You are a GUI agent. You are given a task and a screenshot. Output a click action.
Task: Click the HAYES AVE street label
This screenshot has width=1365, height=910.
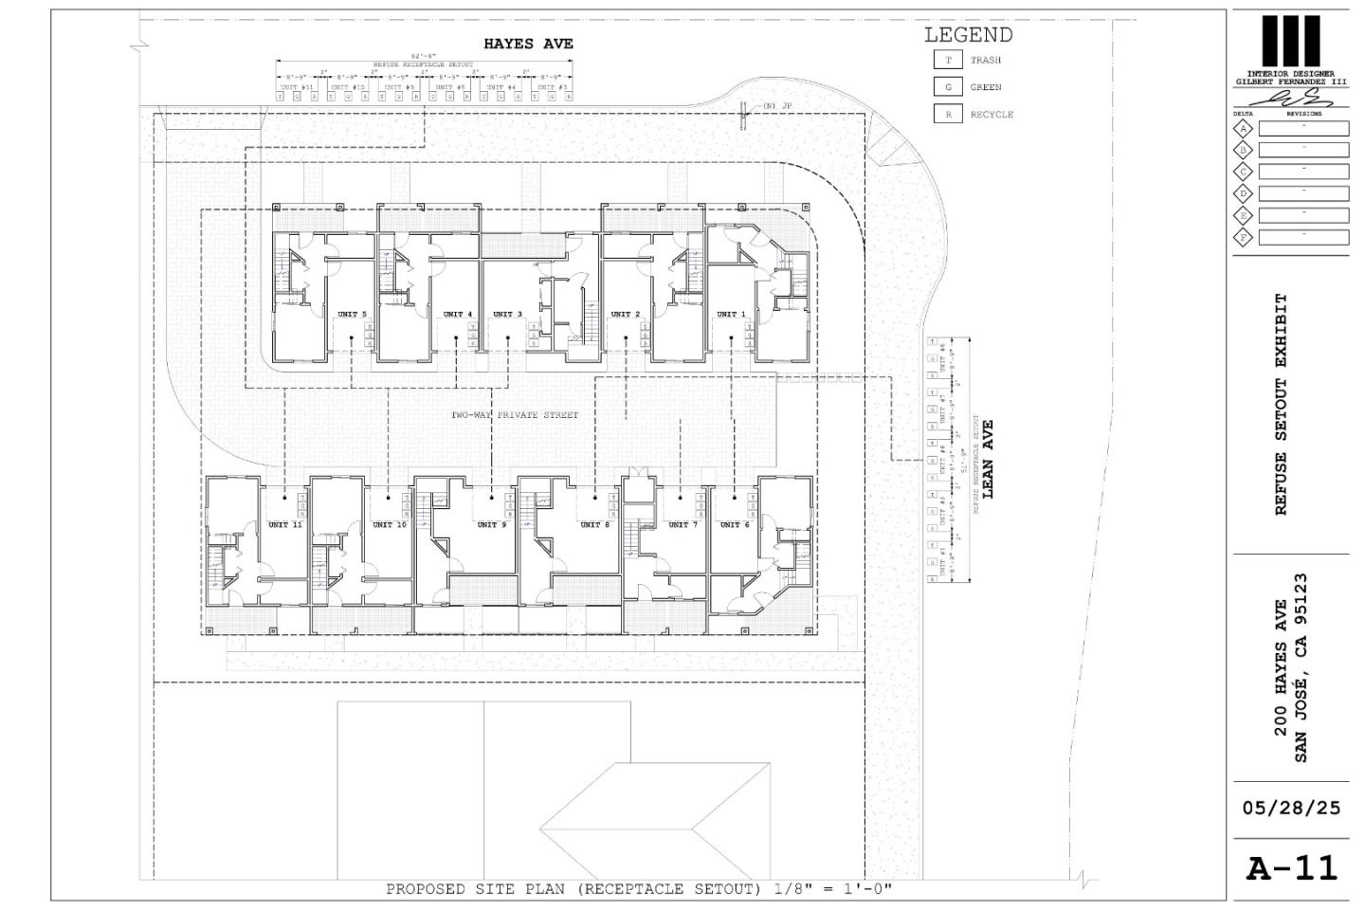528,44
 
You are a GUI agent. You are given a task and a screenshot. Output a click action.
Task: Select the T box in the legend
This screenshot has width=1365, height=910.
947,60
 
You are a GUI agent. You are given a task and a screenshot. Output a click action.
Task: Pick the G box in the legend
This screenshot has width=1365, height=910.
947,87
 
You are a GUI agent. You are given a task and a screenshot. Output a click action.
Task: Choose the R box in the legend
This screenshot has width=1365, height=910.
947,115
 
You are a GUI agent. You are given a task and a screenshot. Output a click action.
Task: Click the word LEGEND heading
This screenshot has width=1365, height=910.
968,35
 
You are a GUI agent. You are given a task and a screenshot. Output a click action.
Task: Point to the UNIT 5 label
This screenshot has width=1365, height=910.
352,314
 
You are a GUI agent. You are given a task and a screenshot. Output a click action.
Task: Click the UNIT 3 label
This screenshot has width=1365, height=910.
507,314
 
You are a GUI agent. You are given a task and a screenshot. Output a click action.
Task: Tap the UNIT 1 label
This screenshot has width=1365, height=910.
731,314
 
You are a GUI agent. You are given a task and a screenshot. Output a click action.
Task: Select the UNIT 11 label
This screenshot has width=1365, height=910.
284,524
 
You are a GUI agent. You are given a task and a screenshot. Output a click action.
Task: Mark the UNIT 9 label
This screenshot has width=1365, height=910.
491,524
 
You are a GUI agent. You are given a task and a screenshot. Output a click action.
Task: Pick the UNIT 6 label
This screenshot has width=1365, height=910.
735,524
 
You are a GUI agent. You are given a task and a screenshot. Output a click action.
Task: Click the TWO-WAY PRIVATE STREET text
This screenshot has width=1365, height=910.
514,415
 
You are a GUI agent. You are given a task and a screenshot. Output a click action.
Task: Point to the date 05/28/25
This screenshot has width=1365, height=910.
1291,809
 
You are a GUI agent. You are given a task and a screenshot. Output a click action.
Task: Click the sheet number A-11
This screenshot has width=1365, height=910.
1291,868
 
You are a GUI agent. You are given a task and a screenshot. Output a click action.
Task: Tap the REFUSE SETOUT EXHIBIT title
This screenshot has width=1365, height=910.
1282,405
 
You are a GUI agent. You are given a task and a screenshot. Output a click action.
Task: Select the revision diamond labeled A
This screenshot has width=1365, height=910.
1243,128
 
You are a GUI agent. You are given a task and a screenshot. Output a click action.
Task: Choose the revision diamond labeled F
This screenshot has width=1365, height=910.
1243,237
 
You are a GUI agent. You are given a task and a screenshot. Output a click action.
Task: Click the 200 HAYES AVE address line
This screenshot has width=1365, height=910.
1281,667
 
